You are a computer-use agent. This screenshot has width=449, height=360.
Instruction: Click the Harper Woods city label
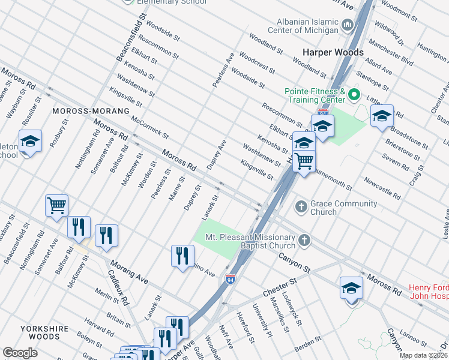(x=333, y=53)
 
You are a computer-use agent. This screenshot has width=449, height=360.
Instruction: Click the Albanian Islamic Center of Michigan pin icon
(x=348, y=25)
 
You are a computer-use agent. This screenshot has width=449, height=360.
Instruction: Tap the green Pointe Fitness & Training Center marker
(x=354, y=95)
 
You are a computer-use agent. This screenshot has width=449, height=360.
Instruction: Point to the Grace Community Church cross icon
(x=301, y=207)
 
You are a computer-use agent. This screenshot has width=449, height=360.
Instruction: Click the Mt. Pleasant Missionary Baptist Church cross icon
(x=305, y=241)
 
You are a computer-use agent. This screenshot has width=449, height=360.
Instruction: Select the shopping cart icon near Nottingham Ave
(x=56, y=206)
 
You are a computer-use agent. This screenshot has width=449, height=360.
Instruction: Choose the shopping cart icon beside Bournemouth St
(x=304, y=160)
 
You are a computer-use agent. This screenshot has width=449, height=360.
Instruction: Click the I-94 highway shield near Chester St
(x=231, y=279)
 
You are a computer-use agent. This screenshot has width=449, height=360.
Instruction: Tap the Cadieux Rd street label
(x=118, y=287)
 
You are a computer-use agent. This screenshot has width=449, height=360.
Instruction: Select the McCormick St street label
(x=149, y=128)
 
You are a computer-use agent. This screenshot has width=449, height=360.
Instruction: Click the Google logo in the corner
(x=20, y=353)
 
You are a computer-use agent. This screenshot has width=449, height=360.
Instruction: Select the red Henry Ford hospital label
(x=429, y=291)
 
